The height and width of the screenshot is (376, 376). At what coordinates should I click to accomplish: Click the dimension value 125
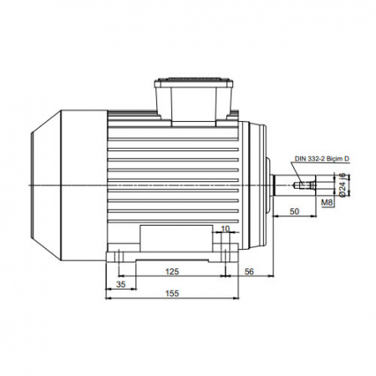pyautogui.click(x=172, y=272)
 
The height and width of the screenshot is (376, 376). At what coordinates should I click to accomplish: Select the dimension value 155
pyautogui.click(x=172, y=293)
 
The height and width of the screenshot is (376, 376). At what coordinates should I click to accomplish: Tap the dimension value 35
pyautogui.click(x=121, y=285)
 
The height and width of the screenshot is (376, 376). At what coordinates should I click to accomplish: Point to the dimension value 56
pyautogui.click(x=249, y=272)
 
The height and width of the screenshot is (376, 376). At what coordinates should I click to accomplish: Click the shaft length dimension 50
pyautogui.click(x=294, y=211)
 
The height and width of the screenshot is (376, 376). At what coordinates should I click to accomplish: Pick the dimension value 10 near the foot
pyautogui.click(x=225, y=229)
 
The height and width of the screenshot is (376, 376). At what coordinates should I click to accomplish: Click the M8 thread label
pyautogui.click(x=327, y=202)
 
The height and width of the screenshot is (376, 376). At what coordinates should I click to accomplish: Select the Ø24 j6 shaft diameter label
pyautogui.click(x=343, y=185)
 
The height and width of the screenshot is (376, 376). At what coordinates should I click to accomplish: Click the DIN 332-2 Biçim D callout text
pyautogui.click(x=322, y=159)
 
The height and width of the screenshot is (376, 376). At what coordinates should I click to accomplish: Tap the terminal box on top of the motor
pyautogui.click(x=194, y=103)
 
